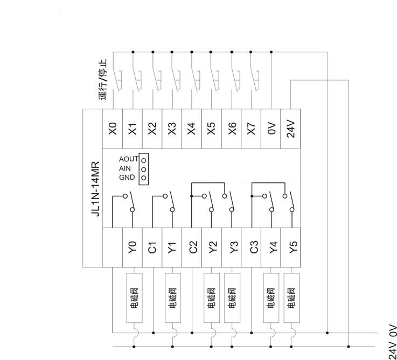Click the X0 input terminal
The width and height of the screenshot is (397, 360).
112,129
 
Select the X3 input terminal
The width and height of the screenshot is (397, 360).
172,129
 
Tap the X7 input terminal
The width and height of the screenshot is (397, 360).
252,129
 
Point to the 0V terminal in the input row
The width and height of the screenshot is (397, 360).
271,129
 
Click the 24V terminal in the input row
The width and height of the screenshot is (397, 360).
291,129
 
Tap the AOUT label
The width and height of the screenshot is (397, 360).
129,159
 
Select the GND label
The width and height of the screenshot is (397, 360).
127,178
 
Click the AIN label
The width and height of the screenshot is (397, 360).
125,168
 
